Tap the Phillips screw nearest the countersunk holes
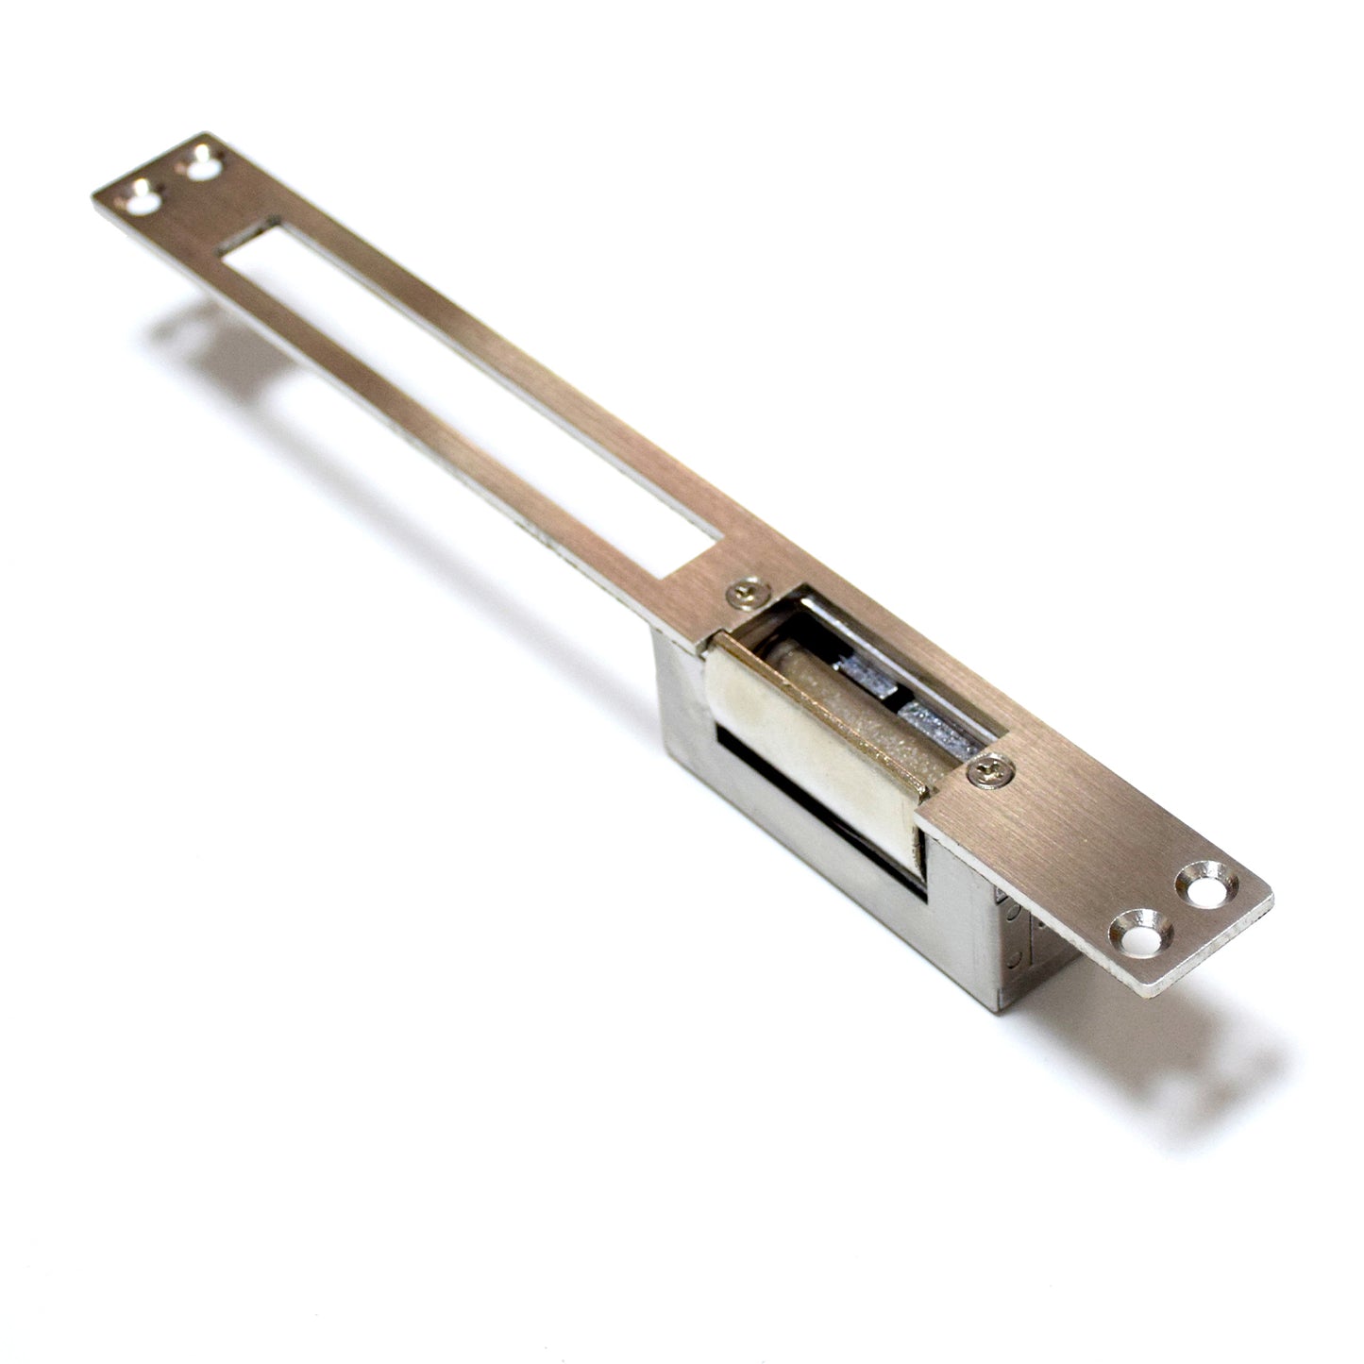pos(990,771)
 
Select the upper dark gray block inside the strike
pos(864,674)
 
